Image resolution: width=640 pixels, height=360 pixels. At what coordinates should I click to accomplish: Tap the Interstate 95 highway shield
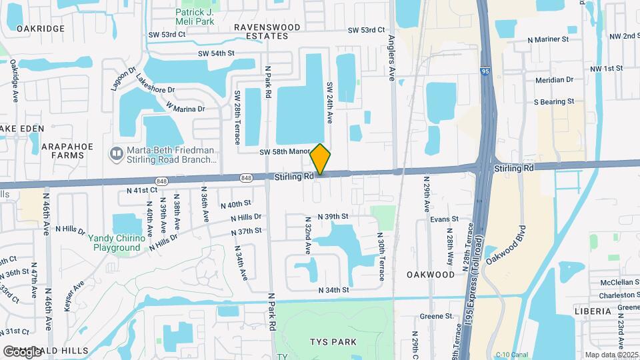484,69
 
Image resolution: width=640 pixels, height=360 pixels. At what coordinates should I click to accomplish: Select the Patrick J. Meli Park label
195,17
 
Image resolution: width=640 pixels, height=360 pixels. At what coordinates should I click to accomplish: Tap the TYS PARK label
333,342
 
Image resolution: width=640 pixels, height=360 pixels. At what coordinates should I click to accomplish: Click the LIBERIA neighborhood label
593,311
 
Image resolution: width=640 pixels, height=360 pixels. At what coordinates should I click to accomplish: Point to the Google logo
23,351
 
